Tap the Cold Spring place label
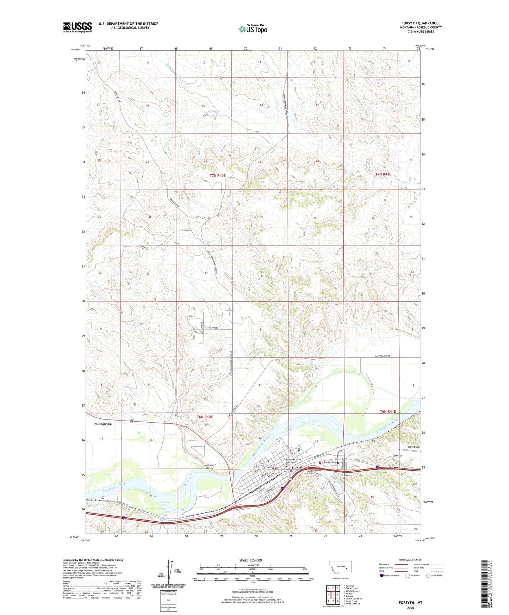point(103,424)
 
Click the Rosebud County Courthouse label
point(290,461)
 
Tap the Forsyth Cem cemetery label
point(330,462)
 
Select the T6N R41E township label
point(388,411)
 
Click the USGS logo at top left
point(77,27)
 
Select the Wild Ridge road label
point(211,328)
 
